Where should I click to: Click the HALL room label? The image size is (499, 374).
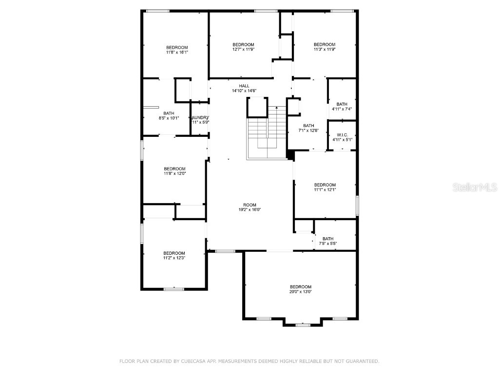[244, 86]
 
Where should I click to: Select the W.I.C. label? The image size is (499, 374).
[342, 134]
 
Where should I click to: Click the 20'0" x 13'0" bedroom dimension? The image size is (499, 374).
[301, 292]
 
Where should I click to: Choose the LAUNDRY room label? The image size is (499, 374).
[200, 118]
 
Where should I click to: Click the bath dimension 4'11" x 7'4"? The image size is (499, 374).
[342, 109]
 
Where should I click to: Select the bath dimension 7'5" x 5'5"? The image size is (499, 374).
[328, 243]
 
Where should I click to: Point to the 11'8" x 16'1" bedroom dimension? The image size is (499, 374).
[177, 52]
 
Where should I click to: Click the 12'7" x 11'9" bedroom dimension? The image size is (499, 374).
[243, 49]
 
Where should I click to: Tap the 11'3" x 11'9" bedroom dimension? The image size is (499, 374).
[324, 49]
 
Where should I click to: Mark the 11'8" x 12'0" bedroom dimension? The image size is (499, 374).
[174, 173]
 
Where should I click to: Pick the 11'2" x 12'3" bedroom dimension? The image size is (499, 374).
[174, 258]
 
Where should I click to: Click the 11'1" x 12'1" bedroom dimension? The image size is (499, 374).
[325, 189]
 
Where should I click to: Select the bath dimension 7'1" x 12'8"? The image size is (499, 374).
[308, 130]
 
